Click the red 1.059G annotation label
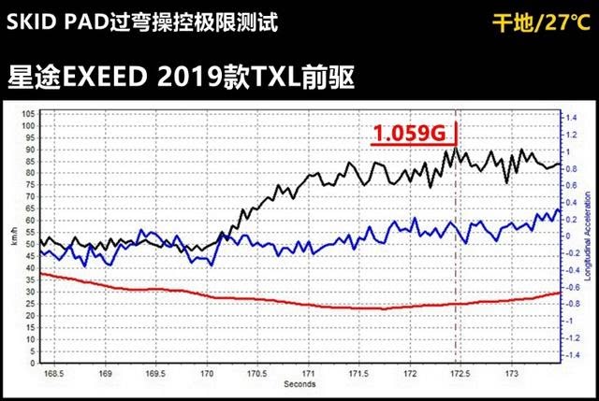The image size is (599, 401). point(407,135)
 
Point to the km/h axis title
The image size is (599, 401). point(11,240)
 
